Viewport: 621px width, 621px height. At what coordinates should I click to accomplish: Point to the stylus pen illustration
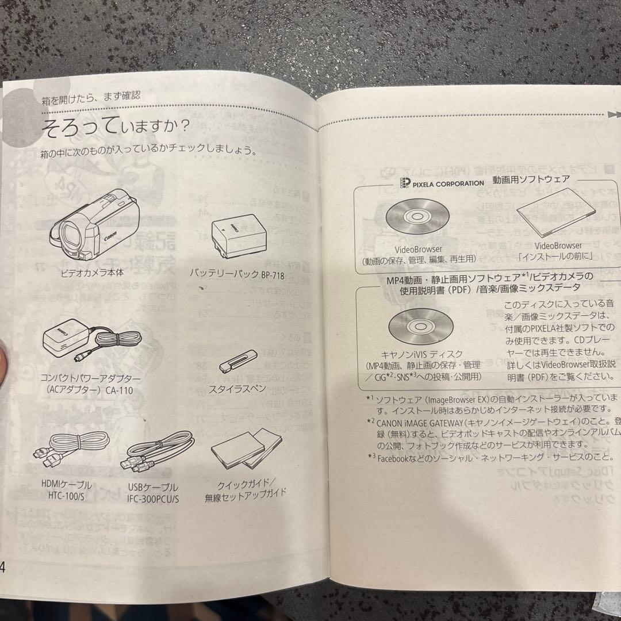coord(235,361)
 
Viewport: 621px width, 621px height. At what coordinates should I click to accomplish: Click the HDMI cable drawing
coord(70,449)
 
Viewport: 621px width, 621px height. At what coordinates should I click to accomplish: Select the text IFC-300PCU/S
coord(153,498)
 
